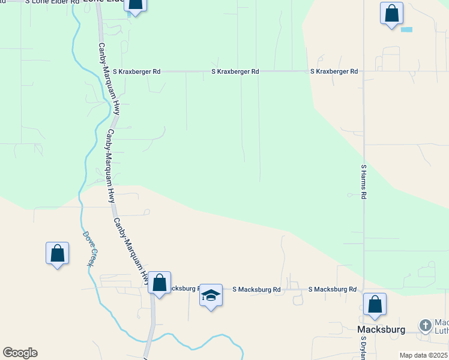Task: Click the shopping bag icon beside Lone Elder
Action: [x=136, y=5]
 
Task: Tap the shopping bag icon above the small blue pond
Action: [x=391, y=13]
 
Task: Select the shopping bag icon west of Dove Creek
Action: [x=58, y=253]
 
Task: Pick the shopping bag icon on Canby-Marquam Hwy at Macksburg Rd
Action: [x=160, y=283]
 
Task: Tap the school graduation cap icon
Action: [x=211, y=295]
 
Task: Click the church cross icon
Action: [x=425, y=326]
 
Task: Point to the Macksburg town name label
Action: [x=381, y=329]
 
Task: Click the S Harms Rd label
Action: [x=364, y=182]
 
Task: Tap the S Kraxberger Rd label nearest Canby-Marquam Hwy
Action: [x=139, y=71]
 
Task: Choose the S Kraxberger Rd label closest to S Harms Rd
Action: [x=334, y=71]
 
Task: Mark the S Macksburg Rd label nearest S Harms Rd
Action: [x=333, y=289]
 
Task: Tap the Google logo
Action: [x=20, y=353]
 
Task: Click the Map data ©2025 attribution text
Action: [x=423, y=355]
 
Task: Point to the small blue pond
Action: [x=406, y=29]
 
